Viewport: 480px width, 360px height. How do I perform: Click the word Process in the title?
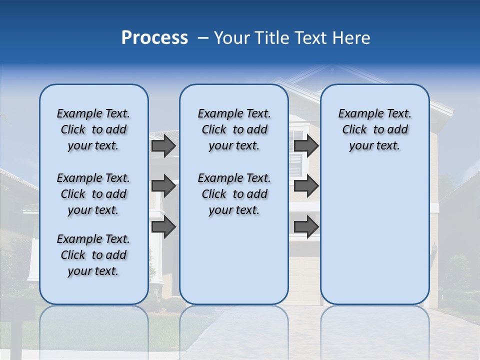(x=154, y=38)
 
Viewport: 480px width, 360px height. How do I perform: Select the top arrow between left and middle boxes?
(x=163, y=145)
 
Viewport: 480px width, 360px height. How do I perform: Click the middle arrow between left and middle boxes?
(x=163, y=186)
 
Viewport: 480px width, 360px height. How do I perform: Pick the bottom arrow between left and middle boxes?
(x=163, y=226)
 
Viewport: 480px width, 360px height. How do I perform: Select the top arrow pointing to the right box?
(x=306, y=145)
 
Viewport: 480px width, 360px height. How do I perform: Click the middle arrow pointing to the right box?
(x=306, y=186)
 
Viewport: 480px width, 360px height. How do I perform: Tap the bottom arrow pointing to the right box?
(x=306, y=226)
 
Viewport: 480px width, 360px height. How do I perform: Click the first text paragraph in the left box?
(x=93, y=129)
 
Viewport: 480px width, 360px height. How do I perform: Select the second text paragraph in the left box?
(x=93, y=194)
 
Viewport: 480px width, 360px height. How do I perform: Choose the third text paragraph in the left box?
(x=93, y=255)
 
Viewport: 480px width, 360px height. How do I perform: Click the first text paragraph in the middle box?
(x=234, y=129)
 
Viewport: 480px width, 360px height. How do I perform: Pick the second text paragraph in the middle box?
(x=234, y=194)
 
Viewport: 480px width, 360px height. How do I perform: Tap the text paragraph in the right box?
(x=374, y=129)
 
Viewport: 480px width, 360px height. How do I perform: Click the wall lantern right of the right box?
(x=434, y=248)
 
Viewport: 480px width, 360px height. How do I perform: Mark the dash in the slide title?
(x=203, y=38)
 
